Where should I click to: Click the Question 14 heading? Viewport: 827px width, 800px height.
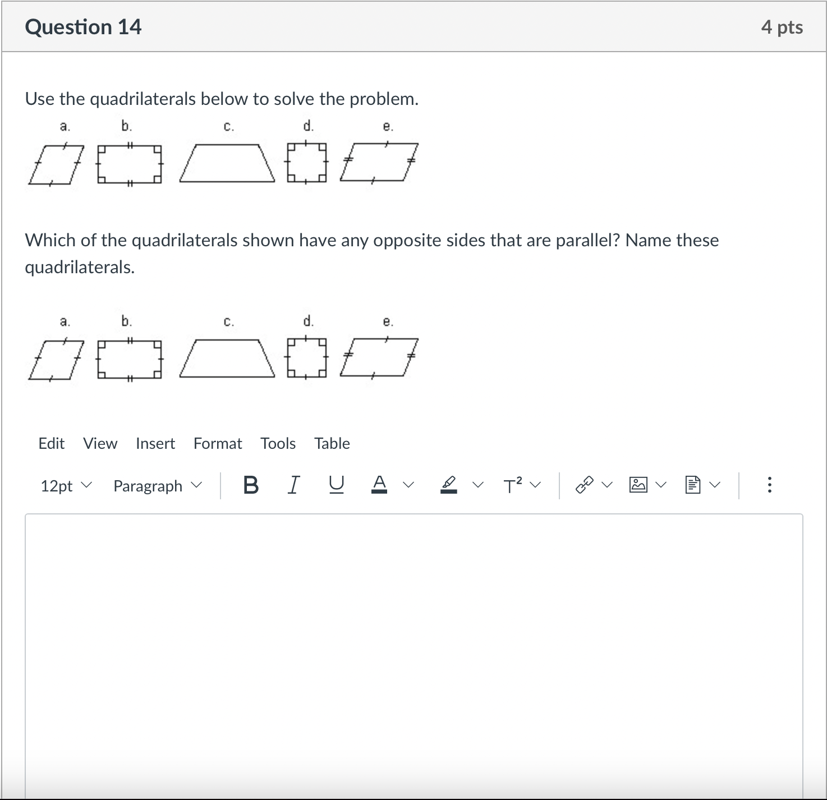point(83,27)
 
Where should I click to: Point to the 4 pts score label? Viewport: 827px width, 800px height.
point(782,27)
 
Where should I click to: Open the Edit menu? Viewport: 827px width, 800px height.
point(51,443)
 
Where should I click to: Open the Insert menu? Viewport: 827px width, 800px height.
point(155,443)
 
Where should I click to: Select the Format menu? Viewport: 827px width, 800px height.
point(218,443)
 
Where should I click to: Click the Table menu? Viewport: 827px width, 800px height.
point(332,443)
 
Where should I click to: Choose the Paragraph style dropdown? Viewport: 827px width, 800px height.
point(157,485)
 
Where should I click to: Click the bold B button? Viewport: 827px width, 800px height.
point(251,485)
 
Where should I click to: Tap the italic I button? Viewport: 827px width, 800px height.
point(293,485)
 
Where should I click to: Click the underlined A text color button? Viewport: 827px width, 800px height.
point(380,485)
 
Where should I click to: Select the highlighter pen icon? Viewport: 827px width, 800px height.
point(448,485)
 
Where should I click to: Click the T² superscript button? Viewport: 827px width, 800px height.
point(513,485)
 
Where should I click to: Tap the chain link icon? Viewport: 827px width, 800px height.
point(585,485)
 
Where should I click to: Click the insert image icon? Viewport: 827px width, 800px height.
point(638,485)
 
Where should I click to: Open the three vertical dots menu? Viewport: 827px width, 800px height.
point(769,485)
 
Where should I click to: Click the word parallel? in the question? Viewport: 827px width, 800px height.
point(587,240)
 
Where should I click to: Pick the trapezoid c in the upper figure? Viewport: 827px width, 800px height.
point(227,163)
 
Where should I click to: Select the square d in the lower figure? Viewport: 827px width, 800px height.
point(306,358)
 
